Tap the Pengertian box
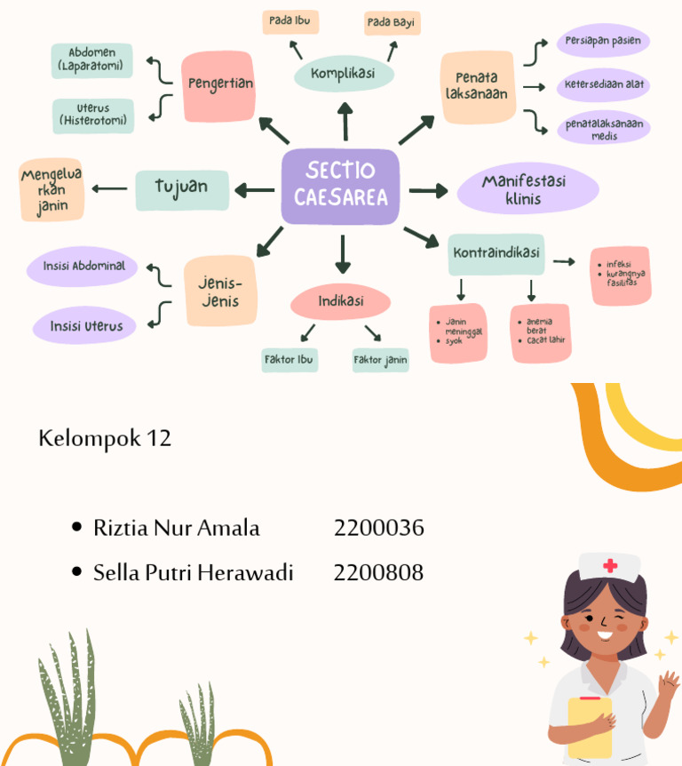[x=219, y=85]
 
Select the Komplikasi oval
[x=343, y=73]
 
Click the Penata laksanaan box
[x=478, y=85]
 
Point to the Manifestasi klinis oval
[x=527, y=189]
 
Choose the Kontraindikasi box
[x=496, y=253]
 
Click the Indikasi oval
[x=341, y=301]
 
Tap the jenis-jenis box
[x=220, y=291]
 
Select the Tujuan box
[x=181, y=188]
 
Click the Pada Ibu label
[x=289, y=21]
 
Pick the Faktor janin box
[x=380, y=360]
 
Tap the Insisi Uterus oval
[x=86, y=326]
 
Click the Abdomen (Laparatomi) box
[x=91, y=60]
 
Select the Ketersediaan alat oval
[x=604, y=85]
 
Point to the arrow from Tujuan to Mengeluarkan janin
[x=109, y=188]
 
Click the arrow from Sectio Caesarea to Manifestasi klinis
[x=428, y=190]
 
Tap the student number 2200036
[x=379, y=528]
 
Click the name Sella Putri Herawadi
[x=194, y=573]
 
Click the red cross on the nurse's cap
[x=610, y=566]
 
